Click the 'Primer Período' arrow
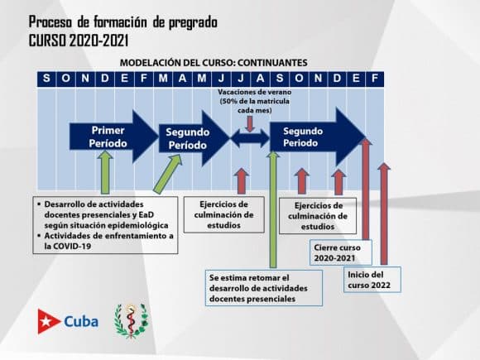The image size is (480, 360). (x=112, y=137)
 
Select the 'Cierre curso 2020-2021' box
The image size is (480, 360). (x=341, y=252)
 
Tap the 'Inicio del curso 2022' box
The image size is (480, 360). (x=372, y=280)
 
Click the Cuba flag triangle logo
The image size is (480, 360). (x=48, y=321)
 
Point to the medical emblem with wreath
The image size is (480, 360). (x=131, y=321)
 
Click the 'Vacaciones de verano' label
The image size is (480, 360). (x=255, y=92)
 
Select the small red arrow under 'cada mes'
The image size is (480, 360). (x=250, y=124)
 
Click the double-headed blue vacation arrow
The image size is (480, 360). (x=250, y=138)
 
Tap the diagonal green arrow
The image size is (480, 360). (x=168, y=174)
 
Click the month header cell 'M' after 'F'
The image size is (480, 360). (x=163, y=79)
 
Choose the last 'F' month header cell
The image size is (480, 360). (x=374, y=79)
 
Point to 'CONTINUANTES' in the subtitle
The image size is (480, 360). (x=272, y=63)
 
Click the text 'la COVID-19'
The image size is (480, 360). (x=68, y=246)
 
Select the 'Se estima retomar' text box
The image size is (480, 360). (x=264, y=288)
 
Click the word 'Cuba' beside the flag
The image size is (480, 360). (x=81, y=321)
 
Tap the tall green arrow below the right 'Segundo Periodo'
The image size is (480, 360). (x=273, y=209)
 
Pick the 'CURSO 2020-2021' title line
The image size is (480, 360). (x=79, y=41)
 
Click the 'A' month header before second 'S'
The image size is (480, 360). (x=260, y=79)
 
